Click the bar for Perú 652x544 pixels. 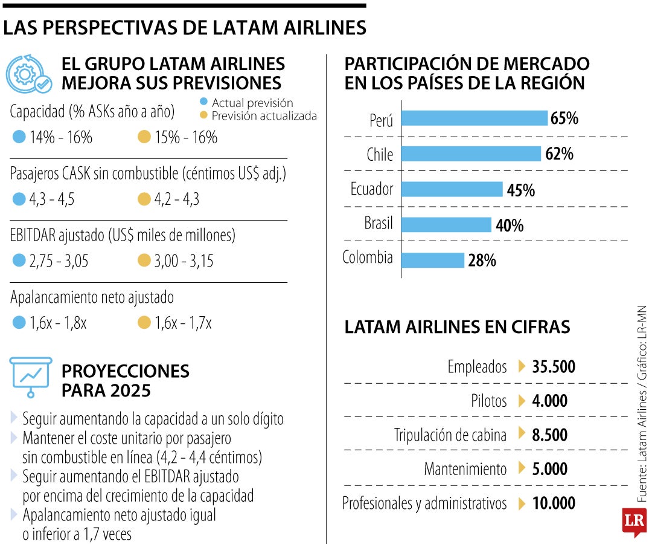474,118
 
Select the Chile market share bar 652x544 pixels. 471,154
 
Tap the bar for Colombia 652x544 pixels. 432,261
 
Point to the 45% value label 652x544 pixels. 521,190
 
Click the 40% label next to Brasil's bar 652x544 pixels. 510,225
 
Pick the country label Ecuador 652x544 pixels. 372,189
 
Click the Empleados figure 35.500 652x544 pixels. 554,367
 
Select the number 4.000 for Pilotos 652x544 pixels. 549,401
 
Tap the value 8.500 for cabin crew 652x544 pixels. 549,435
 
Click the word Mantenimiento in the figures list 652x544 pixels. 465,469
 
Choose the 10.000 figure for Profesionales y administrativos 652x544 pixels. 554,504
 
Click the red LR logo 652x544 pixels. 634,520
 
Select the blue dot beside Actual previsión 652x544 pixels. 203,103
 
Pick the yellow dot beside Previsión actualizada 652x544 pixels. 203,116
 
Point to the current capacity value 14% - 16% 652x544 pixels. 60,137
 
